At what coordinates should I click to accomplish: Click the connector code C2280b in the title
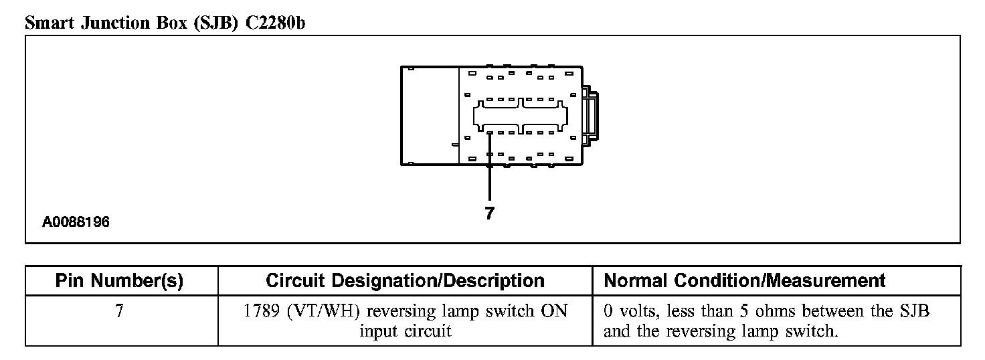click(x=271, y=23)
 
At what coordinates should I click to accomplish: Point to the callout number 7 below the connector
click(x=489, y=213)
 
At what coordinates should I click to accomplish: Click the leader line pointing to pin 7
click(x=490, y=167)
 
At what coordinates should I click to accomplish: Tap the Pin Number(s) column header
click(x=119, y=280)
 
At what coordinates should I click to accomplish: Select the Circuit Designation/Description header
click(x=405, y=280)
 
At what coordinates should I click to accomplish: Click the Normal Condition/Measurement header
click(x=744, y=280)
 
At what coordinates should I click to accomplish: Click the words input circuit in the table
click(x=405, y=331)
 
